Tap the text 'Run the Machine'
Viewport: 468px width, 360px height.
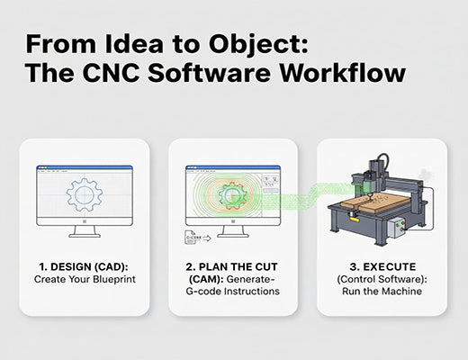(x=381, y=292)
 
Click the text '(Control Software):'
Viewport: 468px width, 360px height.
(x=381, y=279)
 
